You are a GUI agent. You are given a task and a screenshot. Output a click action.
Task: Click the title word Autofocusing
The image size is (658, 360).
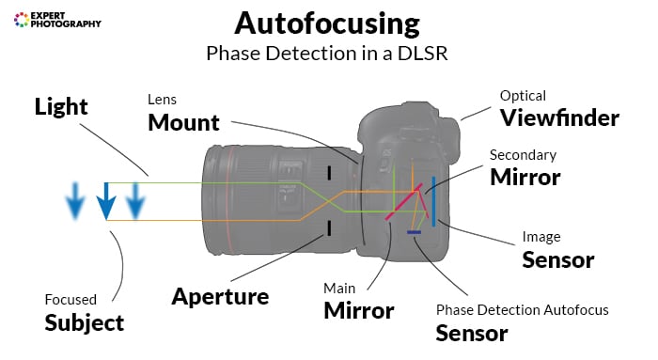328,23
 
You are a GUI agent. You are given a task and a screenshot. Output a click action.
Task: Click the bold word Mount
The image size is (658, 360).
183,121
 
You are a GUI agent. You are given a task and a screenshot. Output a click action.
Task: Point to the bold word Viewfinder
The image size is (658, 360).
559,117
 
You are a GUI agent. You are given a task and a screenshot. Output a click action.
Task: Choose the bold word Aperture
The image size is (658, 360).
220,296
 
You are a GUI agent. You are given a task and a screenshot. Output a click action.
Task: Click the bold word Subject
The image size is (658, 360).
85,322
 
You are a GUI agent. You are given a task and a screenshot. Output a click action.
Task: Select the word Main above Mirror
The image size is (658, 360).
339,288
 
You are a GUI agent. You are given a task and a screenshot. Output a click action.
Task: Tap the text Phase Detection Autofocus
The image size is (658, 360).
522,309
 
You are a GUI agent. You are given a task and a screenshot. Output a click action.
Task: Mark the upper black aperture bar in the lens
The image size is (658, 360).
329,173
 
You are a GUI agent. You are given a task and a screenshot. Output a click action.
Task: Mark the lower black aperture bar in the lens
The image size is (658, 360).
329,227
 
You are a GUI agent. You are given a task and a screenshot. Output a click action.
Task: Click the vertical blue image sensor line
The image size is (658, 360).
433,201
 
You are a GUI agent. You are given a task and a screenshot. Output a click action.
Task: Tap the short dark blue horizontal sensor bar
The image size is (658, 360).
413,231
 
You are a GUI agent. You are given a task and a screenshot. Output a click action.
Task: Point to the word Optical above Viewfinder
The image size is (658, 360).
523,96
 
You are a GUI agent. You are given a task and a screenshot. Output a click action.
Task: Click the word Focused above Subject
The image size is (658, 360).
70,300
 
